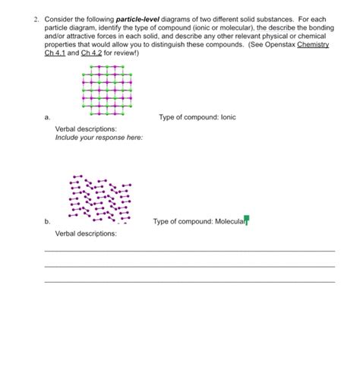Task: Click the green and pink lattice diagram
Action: pos(102,89)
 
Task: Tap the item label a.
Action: pos(47,117)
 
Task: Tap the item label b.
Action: pos(47,222)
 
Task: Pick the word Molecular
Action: pos(228,222)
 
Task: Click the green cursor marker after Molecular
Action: pos(247,221)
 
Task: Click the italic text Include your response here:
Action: pos(99,138)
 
